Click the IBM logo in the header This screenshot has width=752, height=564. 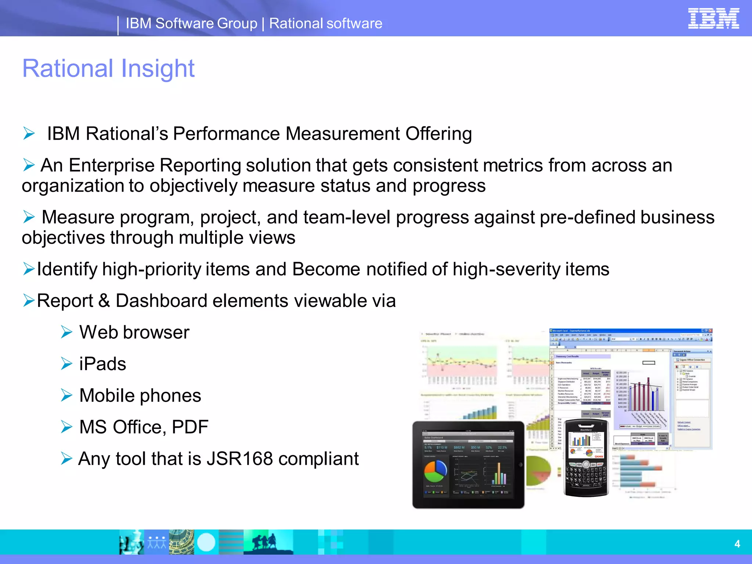713,19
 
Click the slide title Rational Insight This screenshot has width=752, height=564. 108,69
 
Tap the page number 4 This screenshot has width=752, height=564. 737,544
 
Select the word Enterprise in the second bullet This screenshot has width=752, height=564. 112,165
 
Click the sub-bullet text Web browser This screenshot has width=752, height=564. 134,333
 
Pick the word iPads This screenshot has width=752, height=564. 102,364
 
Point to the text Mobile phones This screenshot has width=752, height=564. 140,396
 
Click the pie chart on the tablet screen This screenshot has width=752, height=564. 435,471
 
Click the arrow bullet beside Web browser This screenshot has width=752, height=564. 66,332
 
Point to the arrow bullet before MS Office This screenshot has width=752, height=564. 66,427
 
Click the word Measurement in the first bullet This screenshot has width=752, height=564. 342,134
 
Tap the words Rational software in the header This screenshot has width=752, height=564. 326,23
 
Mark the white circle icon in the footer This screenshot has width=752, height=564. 206,542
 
